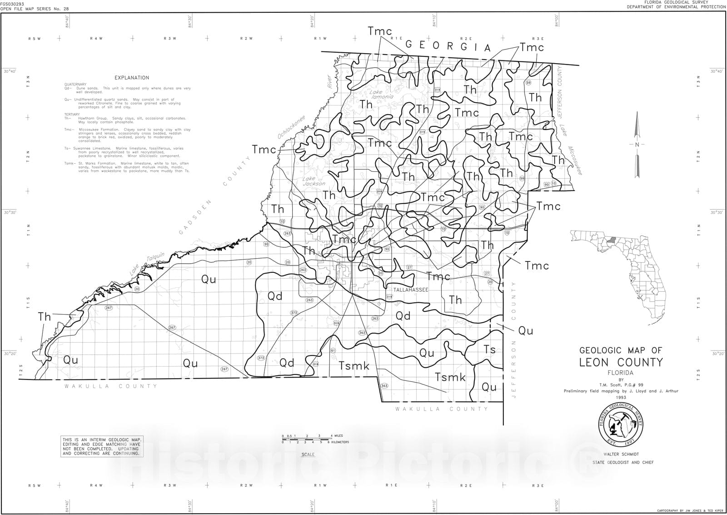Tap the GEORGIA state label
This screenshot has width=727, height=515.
(448, 46)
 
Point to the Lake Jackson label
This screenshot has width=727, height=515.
(314, 181)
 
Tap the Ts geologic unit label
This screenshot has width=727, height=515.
(489, 350)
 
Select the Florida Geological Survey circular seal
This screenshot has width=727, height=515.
(621, 425)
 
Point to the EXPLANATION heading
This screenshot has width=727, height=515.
(132, 78)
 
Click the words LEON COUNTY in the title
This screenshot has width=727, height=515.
(621, 362)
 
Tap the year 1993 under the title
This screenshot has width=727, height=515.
(621, 397)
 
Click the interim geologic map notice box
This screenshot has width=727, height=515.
(102, 446)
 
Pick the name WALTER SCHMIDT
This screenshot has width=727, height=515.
(621, 454)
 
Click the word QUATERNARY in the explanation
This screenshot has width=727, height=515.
(75, 85)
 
